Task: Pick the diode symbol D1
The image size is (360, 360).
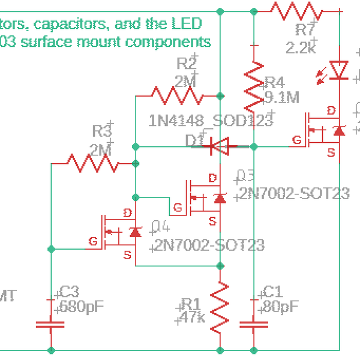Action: coord(220,146)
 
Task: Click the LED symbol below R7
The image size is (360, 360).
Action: coord(340,70)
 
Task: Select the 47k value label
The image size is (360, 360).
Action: coord(193,317)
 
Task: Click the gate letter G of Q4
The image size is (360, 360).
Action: coord(93,241)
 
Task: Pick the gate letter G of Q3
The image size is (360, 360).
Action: coord(178,208)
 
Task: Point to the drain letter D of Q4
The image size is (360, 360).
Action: coord(127,213)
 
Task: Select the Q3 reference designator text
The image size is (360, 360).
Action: coord(246,175)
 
